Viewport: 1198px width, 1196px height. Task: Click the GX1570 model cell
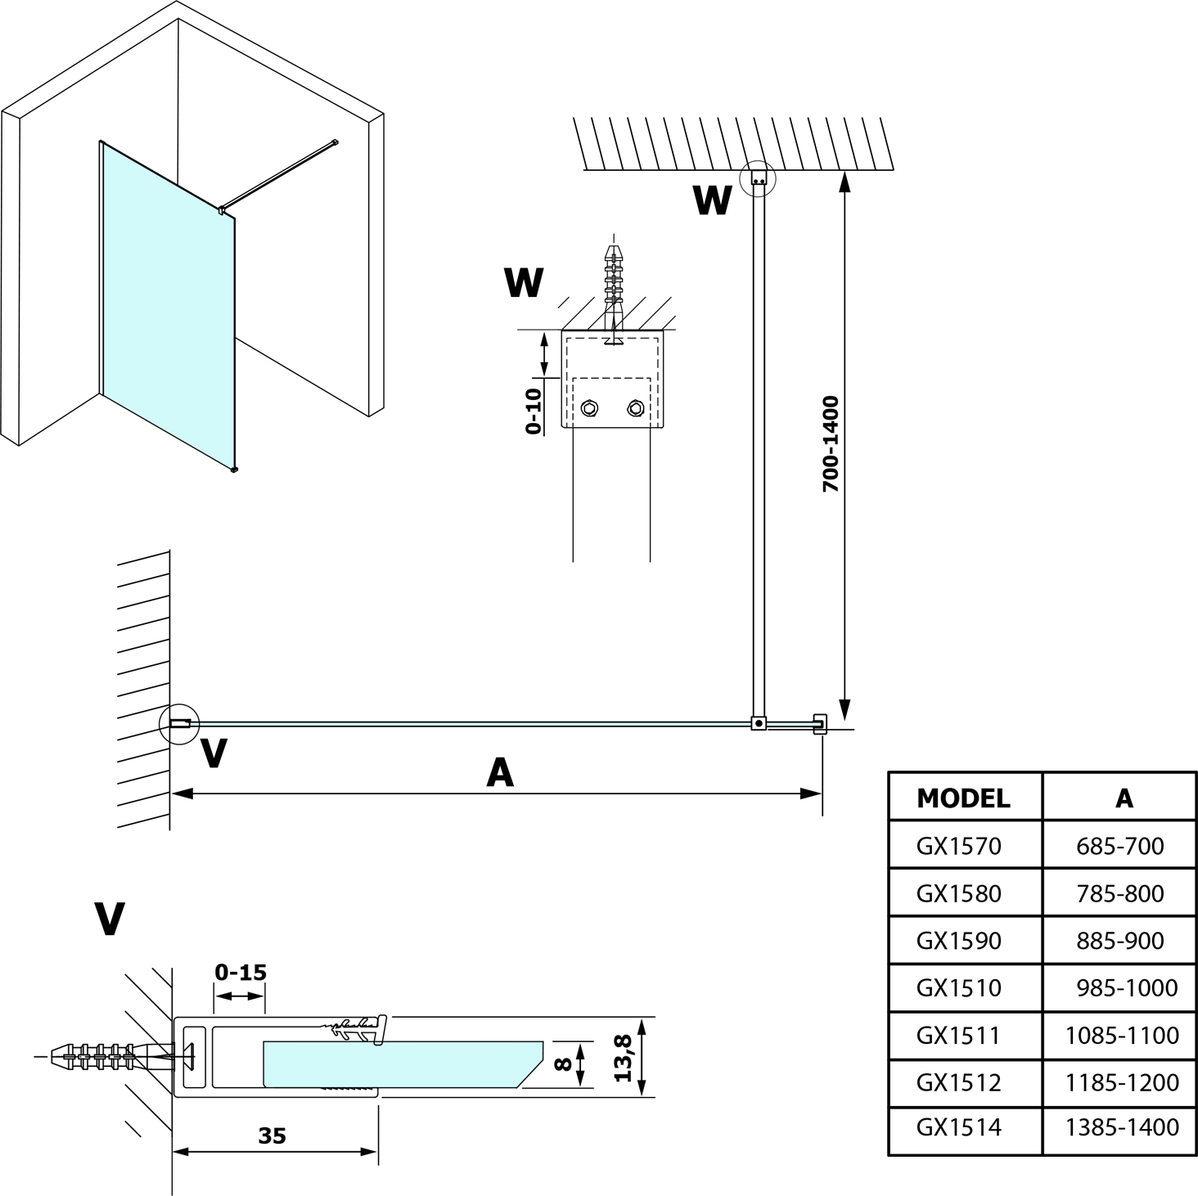coord(958,845)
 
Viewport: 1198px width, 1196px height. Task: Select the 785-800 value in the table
coord(1119,893)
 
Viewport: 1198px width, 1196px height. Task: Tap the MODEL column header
coord(963,798)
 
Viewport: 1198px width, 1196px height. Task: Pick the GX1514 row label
coord(958,1126)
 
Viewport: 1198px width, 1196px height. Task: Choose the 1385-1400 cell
coord(1122,1126)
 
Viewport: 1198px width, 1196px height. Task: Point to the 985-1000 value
coord(1127,987)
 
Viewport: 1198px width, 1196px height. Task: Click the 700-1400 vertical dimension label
coord(831,443)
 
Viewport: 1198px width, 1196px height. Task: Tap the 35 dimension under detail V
coord(272,1136)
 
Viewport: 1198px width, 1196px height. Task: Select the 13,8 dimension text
coord(624,1057)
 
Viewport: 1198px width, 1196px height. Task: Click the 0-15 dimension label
coord(241,973)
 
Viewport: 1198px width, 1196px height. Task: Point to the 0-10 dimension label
coord(533,411)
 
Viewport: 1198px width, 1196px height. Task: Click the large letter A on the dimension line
coord(500,771)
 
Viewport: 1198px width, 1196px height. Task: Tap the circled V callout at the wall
coord(179,723)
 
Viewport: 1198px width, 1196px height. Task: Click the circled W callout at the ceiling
coord(757,178)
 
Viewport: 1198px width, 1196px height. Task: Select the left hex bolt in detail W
coord(588,407)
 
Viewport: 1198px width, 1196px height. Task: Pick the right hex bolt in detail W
coord(634,407)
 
